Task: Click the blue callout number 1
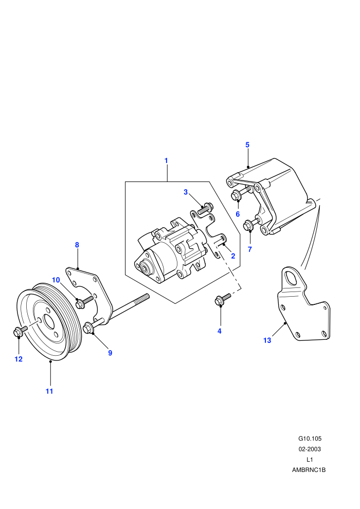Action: click(166, 160)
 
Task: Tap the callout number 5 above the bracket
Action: click(247, 145)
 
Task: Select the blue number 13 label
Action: click(267, 340)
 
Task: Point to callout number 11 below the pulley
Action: click(49, 391)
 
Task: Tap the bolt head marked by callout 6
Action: click(236, 196)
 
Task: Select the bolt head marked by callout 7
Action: click(248, 225)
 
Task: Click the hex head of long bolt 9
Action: click(88, 328)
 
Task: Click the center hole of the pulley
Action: click(49, 321)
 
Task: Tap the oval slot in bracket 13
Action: click(293, 279)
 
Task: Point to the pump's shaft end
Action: click(142, 268)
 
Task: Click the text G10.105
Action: click(310, 439)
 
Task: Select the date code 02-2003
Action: click(310, 449)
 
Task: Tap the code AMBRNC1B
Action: click(309, 470)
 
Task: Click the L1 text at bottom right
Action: click(310, 459)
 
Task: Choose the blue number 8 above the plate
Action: click(77, 245)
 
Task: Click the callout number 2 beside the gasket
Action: click(233, 256)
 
